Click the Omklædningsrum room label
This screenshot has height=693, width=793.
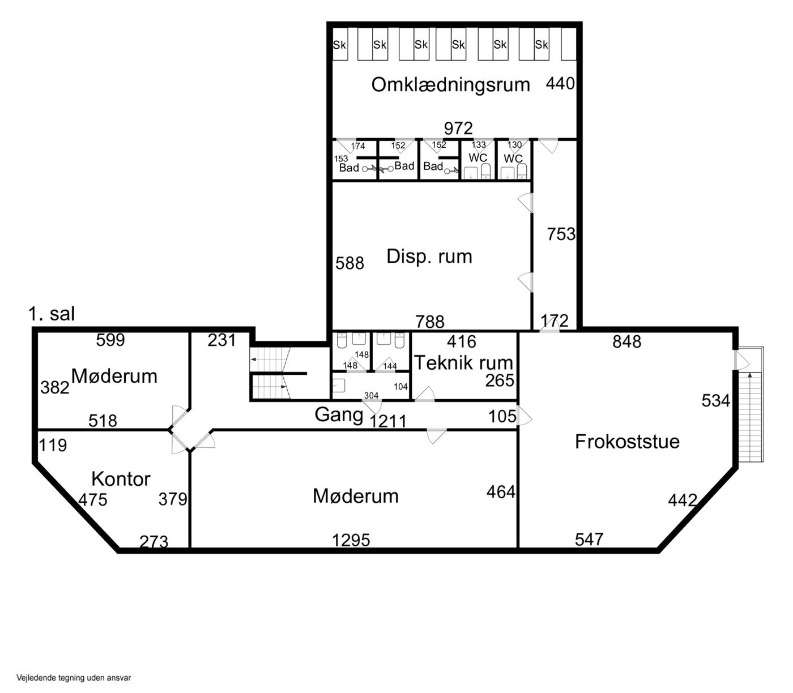click(x=450, y=85)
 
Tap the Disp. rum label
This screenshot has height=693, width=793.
click(x=429, y=256)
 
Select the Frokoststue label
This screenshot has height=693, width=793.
click(x=627, y=442)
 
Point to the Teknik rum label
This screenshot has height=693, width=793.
click(x=463, y=363)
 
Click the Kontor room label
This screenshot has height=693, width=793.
click(x=121, y=479)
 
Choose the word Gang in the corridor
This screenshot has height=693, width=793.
click(x=339, y=415)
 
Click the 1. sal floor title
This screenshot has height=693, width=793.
click(x=52, y=314)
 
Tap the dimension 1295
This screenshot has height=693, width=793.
click(x=351, y=540)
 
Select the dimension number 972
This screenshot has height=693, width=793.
click(x=458, y=128)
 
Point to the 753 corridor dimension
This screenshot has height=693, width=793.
click(x=561, y=234)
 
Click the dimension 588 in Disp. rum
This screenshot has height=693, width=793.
click(x=349, y=263)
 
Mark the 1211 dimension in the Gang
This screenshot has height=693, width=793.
click(x=388, y=421)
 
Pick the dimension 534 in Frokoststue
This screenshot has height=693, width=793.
click(x=716, y=400)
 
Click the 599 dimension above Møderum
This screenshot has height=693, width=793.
click(x=110, y=340)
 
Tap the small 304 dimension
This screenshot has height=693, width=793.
click(x=372, y=396)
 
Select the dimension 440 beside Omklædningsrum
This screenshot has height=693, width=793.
click(x=560, y=84)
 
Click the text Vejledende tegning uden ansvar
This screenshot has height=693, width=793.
click(x=74, y=678)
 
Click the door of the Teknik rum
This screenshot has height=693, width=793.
click(x=425, y=394)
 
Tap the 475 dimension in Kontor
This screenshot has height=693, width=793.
click(x=93, y=500)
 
